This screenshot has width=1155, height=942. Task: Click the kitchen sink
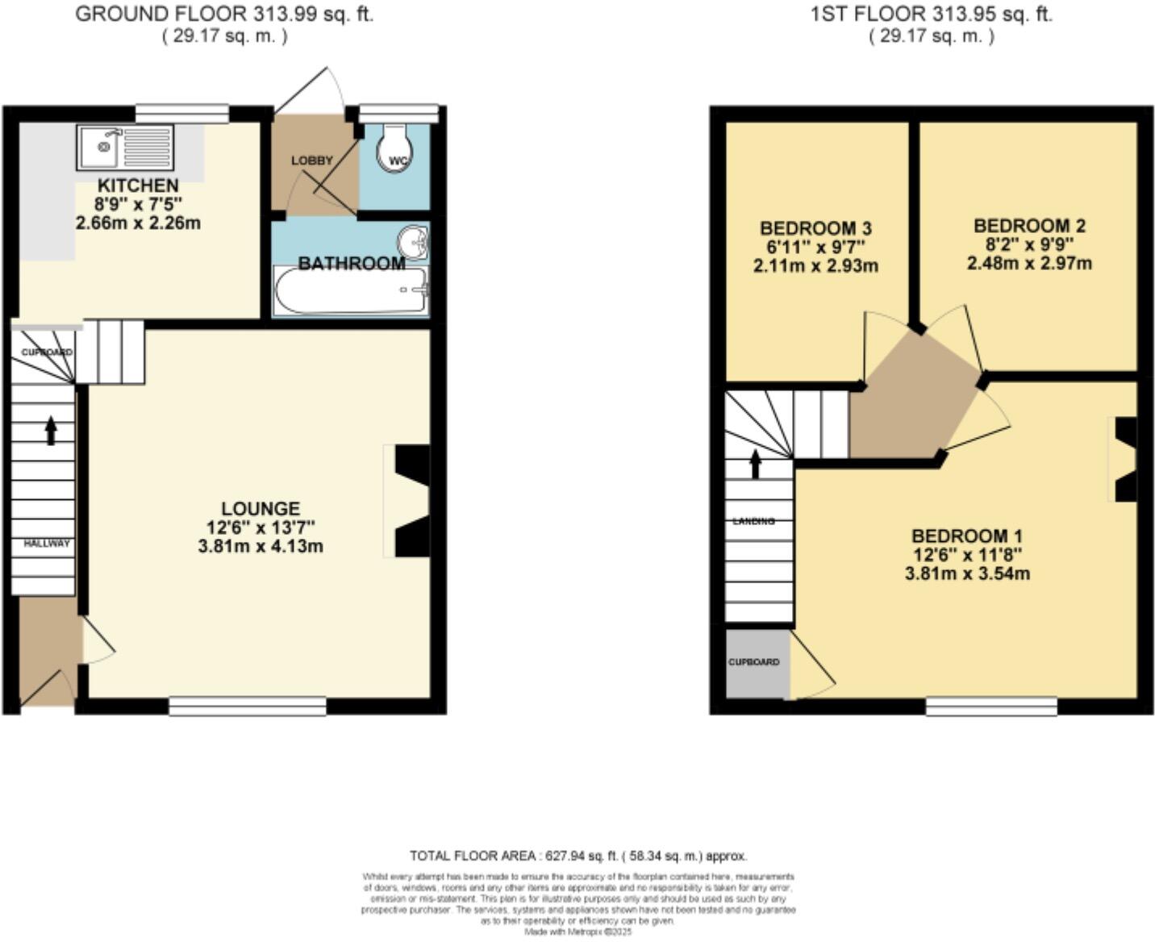tap(125, 147)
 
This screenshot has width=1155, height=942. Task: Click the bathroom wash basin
tap(414, 241)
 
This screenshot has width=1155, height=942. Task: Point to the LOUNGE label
tap(261, 509)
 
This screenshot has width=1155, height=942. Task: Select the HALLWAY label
tap(46, 544)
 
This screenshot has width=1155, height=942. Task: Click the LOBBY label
tap(311, 160)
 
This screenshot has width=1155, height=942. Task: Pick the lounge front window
tap(248, 706)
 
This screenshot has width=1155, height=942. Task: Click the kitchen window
tap(181, 113)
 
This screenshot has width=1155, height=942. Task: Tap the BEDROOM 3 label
tap(815, 228)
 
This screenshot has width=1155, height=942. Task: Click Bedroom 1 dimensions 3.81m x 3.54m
tap(967, 574)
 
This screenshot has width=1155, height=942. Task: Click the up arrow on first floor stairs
tap(755, 464)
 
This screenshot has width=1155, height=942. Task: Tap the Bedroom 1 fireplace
tap(1126, 460)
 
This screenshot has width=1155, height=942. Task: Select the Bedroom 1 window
tap(991, 706)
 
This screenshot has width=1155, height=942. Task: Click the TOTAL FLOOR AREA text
tap(578, 856)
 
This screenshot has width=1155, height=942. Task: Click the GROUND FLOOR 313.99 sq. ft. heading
tap(224, 15)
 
